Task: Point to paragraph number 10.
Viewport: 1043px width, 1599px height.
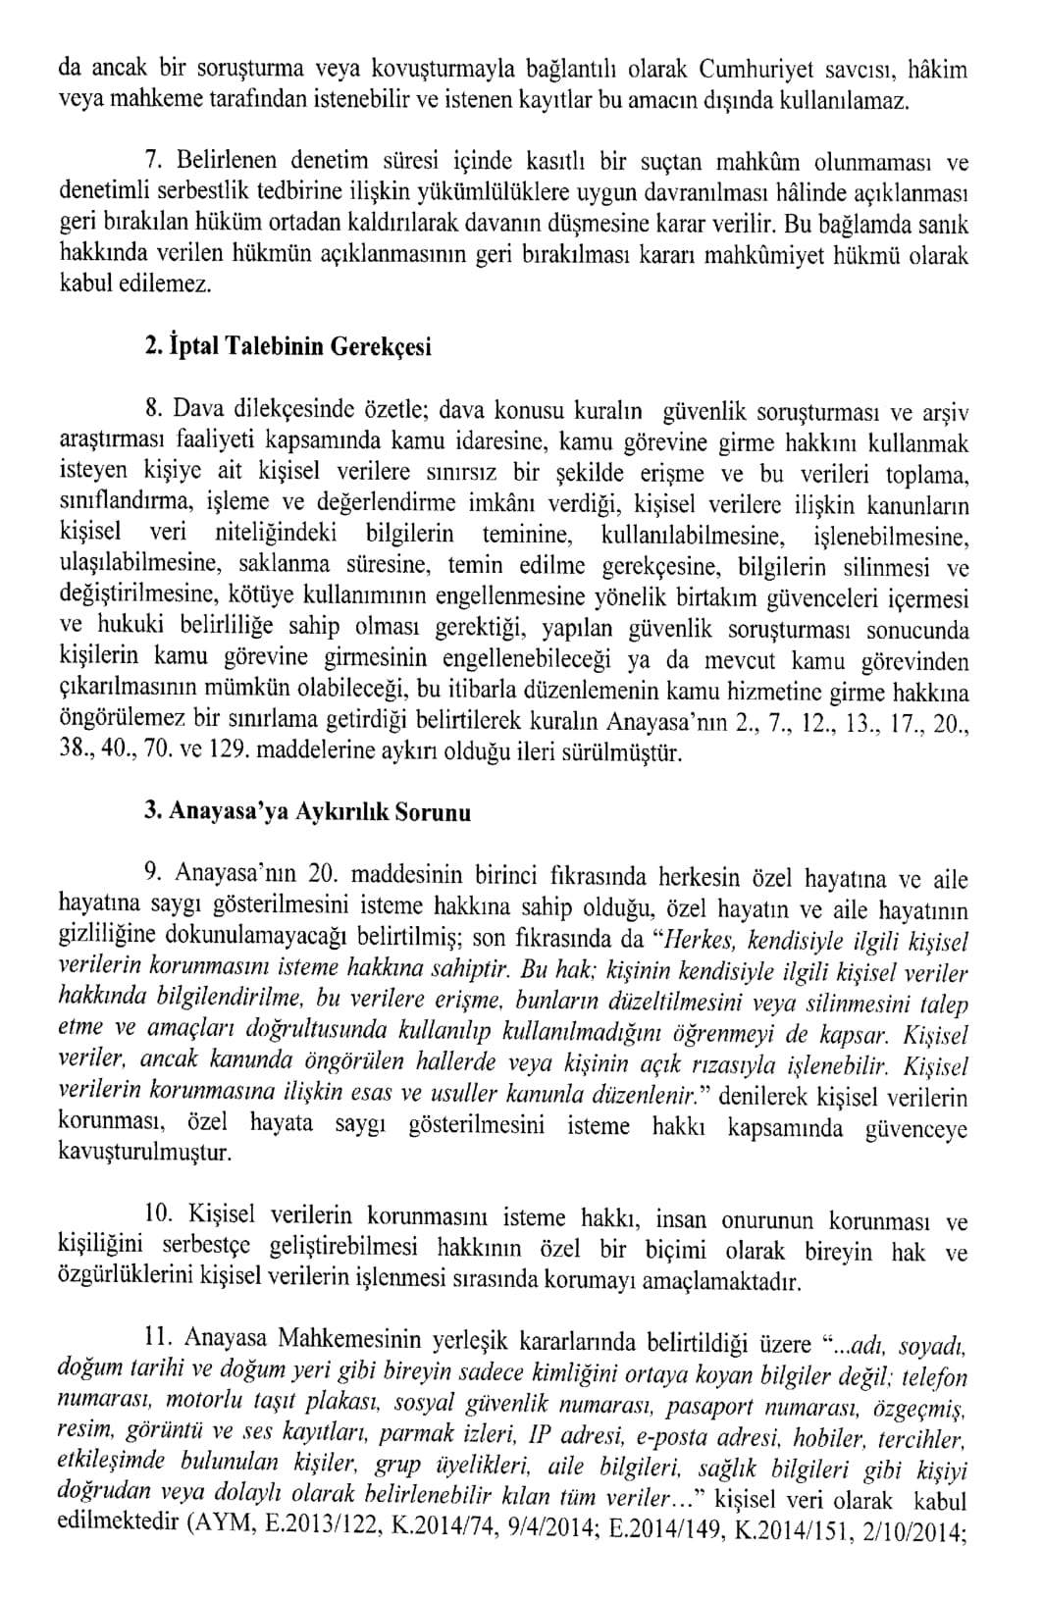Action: pos(156,1215)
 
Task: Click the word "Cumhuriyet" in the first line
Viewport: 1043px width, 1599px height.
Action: pos(754,69)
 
